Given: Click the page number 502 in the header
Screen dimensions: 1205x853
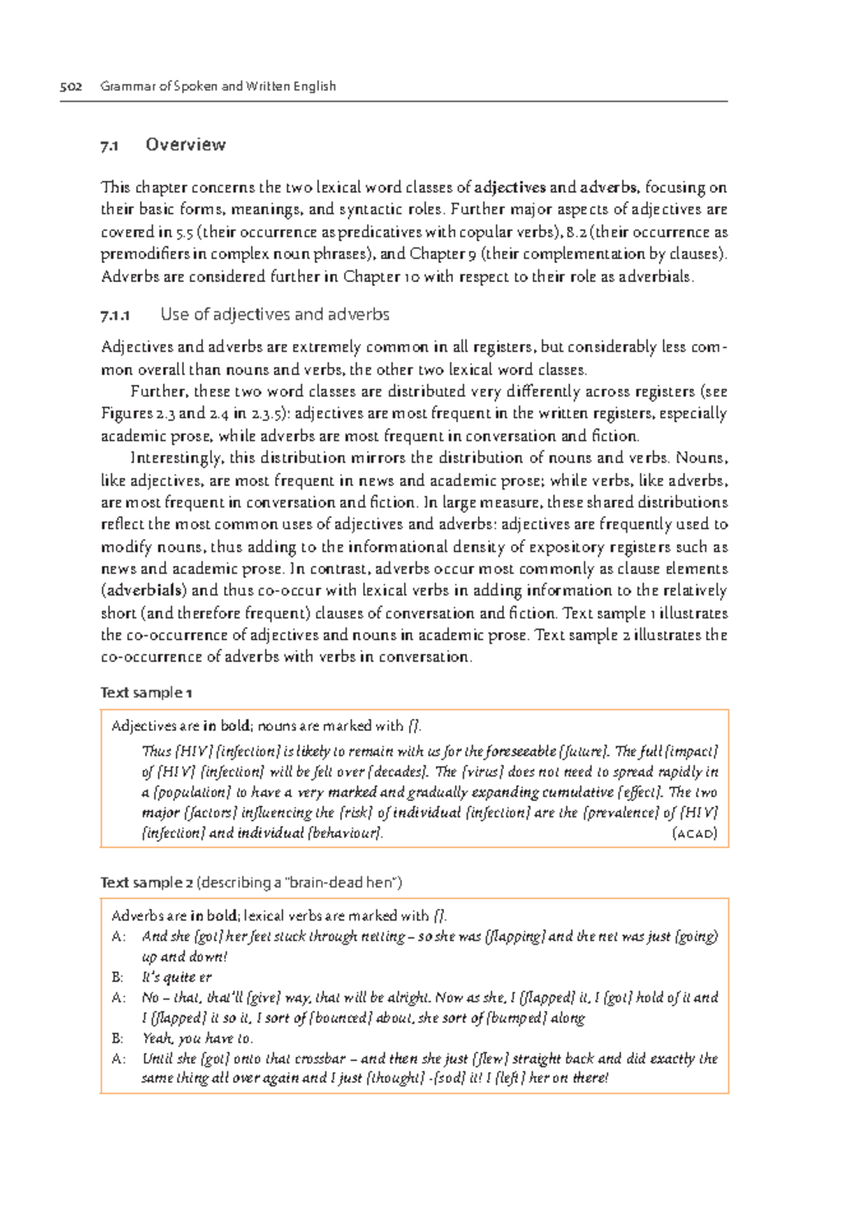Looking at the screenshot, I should point(70,87).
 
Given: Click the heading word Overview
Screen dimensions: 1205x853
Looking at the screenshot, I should point(186,145).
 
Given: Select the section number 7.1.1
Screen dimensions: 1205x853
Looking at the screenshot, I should point(115,315).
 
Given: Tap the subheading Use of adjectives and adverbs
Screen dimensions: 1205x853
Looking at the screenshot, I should point(274,314).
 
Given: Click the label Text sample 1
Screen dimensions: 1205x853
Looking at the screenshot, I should point(146,692).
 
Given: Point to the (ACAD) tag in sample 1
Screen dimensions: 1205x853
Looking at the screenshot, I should point(694,833).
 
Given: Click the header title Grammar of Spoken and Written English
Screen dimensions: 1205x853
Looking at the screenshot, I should point(218,87).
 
